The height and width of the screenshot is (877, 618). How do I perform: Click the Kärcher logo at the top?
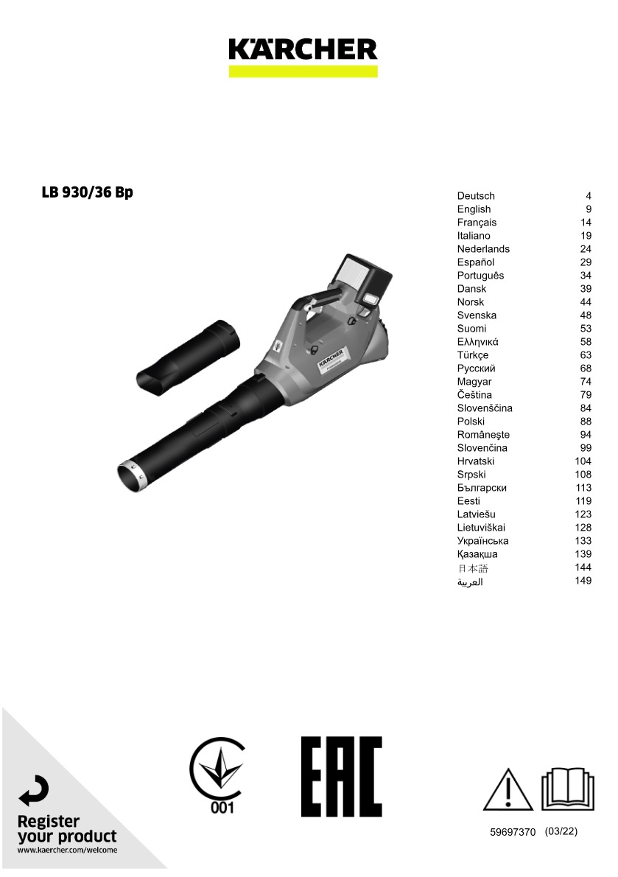[303, 56]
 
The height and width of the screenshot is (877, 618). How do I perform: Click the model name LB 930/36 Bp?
[87, 192]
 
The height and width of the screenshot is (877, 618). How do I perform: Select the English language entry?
[474, 209]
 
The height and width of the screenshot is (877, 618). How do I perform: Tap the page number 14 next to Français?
[586, 223]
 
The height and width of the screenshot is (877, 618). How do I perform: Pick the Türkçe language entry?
[473, 355]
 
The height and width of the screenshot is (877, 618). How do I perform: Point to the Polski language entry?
[471, 421]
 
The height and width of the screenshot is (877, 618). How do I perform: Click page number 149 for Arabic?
[583, 581]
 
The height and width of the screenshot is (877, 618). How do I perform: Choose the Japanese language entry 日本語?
[473, 568]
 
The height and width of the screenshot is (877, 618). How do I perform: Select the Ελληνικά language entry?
[478, 342]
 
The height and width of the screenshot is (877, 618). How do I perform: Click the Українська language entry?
[482, 541]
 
